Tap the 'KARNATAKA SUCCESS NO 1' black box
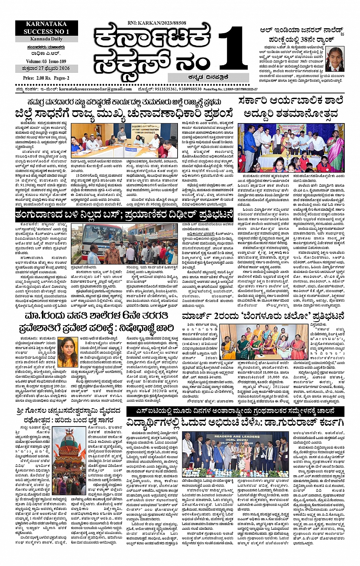46,28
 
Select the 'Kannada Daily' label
46,39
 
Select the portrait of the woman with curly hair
67,350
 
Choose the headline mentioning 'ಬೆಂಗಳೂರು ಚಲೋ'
263,316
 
